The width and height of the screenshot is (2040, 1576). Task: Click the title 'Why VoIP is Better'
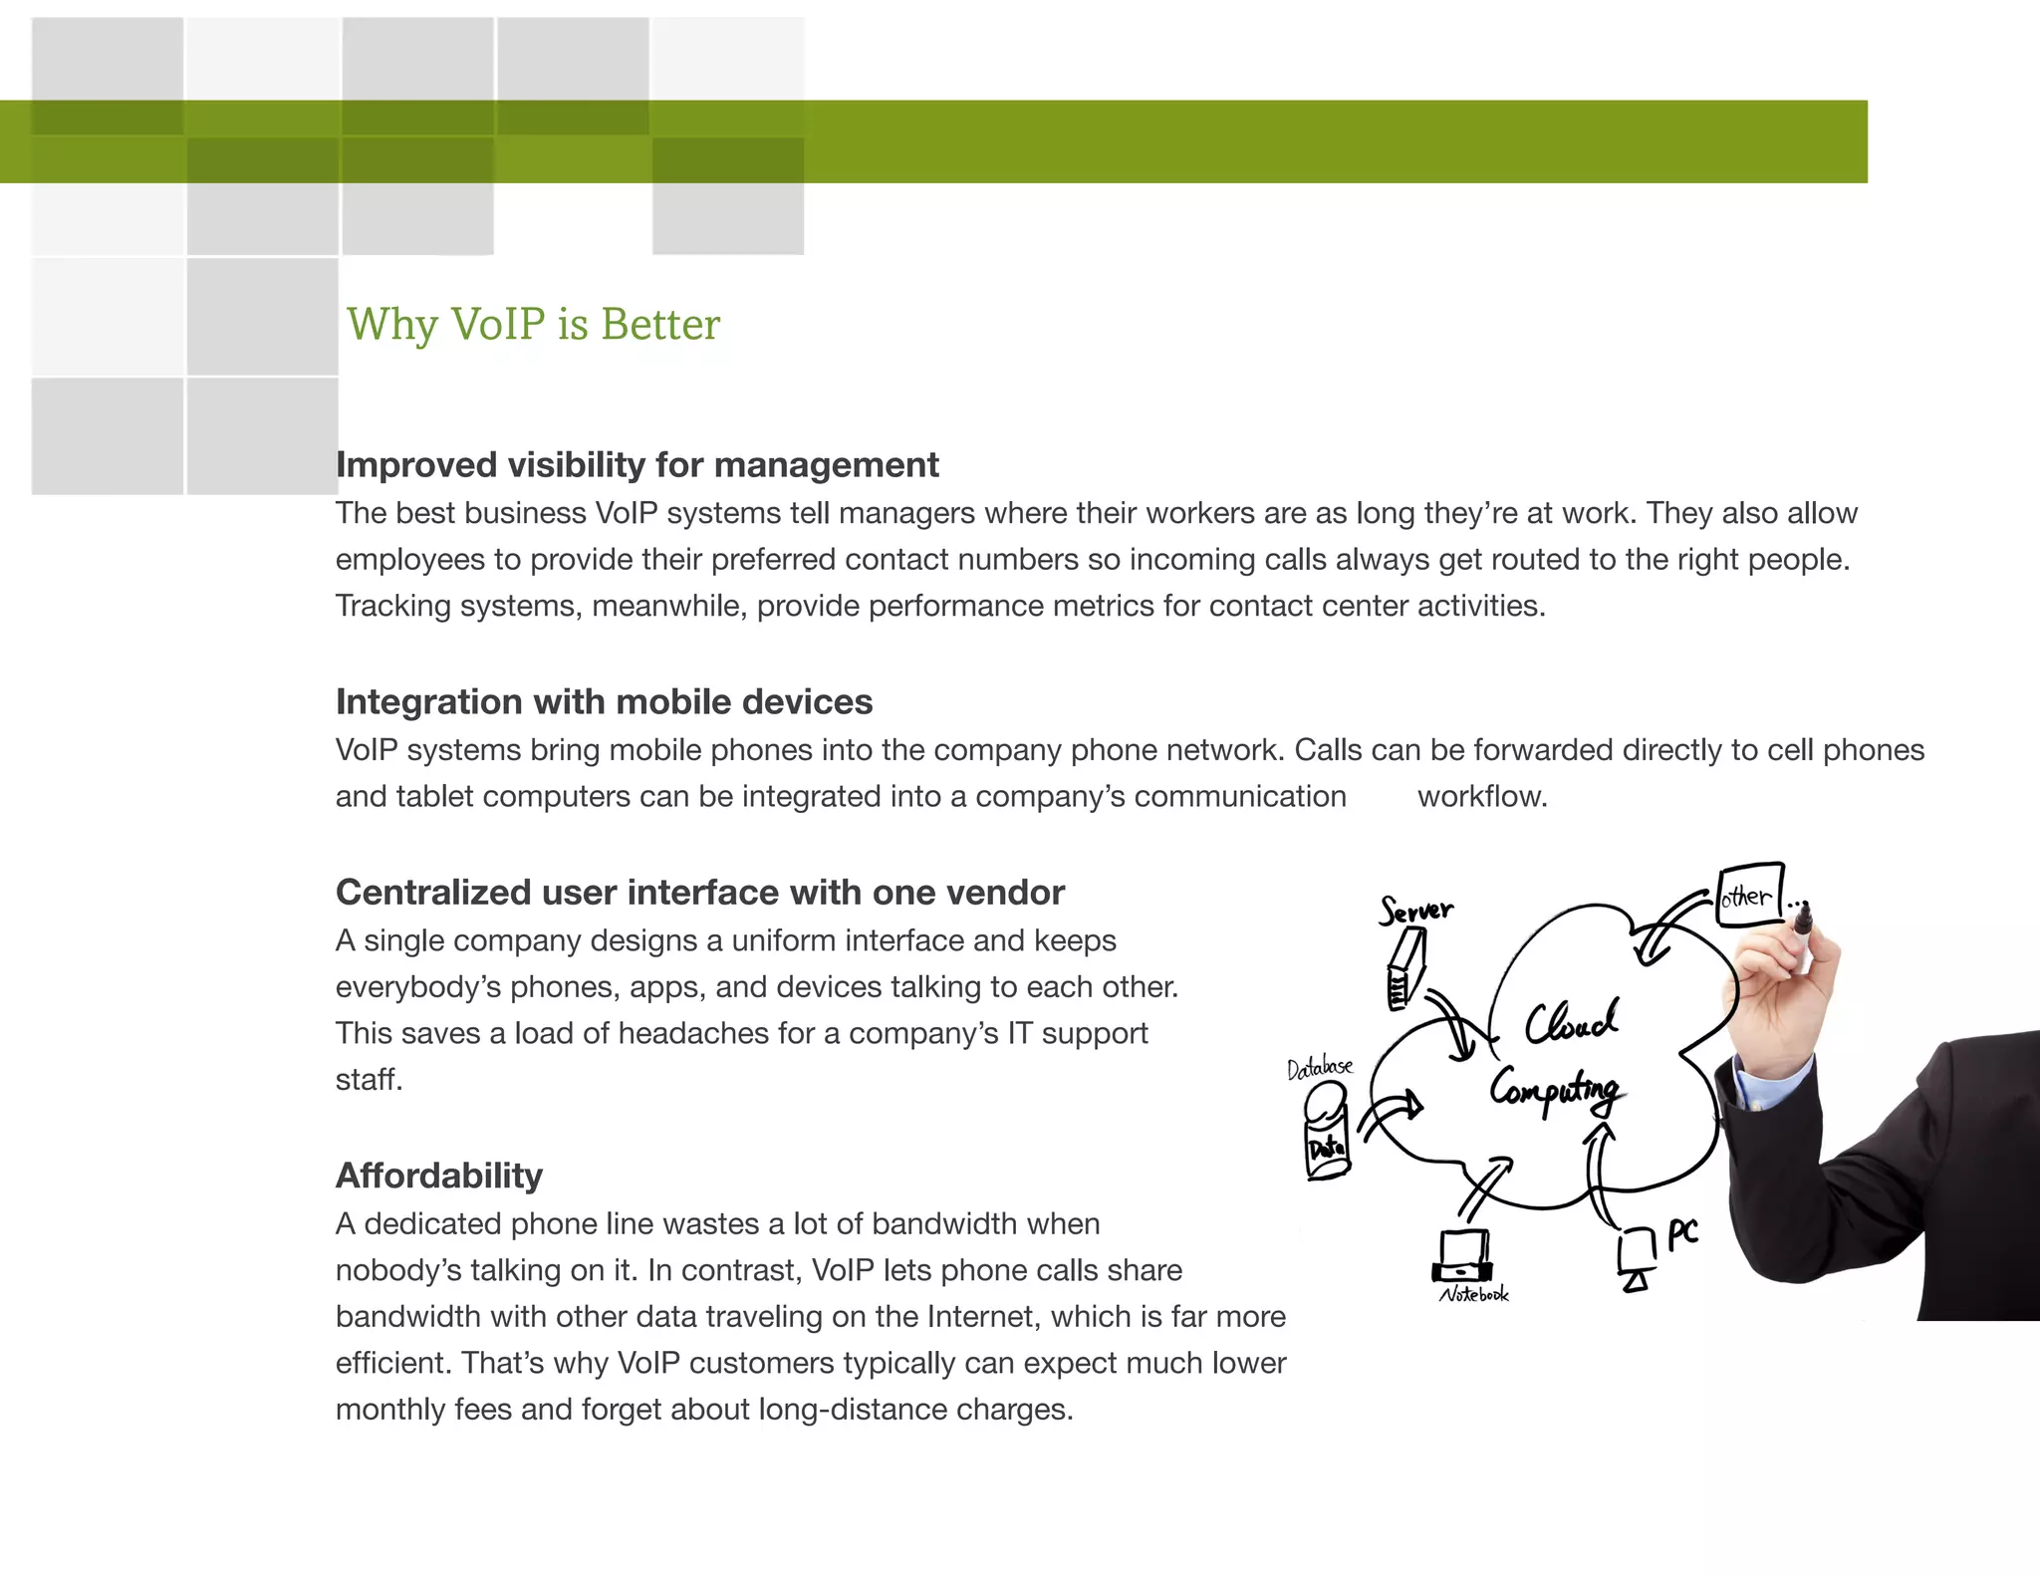click(x=533, y=325)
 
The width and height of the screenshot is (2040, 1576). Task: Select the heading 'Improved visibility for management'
click(x=637, y=465)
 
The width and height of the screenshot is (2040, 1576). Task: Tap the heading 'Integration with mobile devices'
click(x=604, y=702)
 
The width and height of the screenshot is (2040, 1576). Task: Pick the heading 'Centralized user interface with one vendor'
click(x=699, y=893)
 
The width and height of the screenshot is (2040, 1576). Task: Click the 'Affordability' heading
click(x=438, y=1176)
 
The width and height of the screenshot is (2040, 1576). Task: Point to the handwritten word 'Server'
click(x=1415, y=910)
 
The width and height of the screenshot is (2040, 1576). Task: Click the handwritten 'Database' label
click(x=1319, y=1069)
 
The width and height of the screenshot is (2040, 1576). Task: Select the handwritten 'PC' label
click(x=1682, y=1233)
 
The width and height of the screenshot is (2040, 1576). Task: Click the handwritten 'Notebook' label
click(x=1473, y=1294)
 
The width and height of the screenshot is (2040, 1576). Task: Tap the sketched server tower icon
click(x=1405, y=969)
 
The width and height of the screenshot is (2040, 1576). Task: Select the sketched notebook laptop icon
click(x=1462, y=1257)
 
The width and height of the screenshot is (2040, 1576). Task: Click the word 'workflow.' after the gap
click(x=1482, y=797)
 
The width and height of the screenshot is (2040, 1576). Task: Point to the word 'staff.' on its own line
click(x=369, y=1080)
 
